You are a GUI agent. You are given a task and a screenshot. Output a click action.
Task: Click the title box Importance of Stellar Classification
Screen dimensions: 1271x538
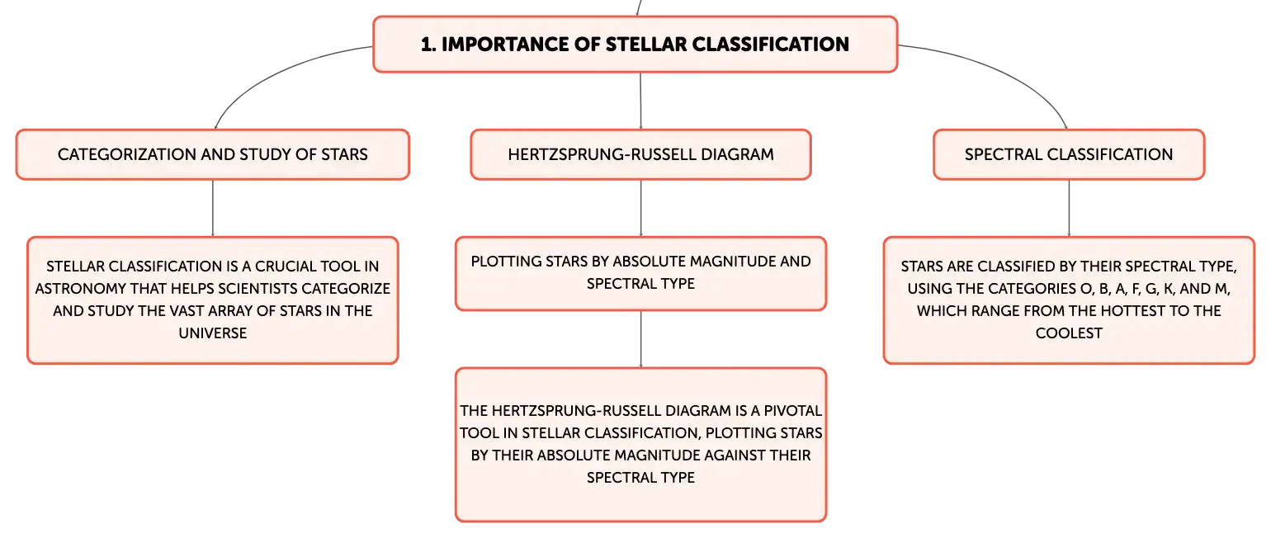[635, 45]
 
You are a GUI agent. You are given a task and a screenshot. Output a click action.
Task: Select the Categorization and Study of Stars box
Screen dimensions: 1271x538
[213, 154]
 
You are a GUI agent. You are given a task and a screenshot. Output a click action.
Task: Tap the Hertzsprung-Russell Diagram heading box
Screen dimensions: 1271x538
[640, 154]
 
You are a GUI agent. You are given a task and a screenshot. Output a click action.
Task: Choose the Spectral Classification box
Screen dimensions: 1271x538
[1069, 154]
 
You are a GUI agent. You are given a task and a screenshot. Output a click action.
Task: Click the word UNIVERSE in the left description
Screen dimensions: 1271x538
[213, 333]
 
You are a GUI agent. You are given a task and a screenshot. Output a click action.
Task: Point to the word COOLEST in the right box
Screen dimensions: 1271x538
[1069, 333]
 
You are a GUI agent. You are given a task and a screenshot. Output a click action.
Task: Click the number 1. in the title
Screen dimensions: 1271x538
[428, 45]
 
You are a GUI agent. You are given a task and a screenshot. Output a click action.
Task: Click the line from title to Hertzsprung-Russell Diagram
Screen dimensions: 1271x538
[640, 101]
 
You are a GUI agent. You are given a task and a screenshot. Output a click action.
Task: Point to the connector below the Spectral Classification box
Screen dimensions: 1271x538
[1069, 208]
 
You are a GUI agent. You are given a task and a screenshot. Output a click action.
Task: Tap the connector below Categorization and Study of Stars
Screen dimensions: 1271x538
[213, 208]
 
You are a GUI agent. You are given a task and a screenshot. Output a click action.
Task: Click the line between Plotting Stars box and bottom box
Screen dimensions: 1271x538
[640, 339]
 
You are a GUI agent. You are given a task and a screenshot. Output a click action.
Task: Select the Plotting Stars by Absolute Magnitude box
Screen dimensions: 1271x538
[640, 274]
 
